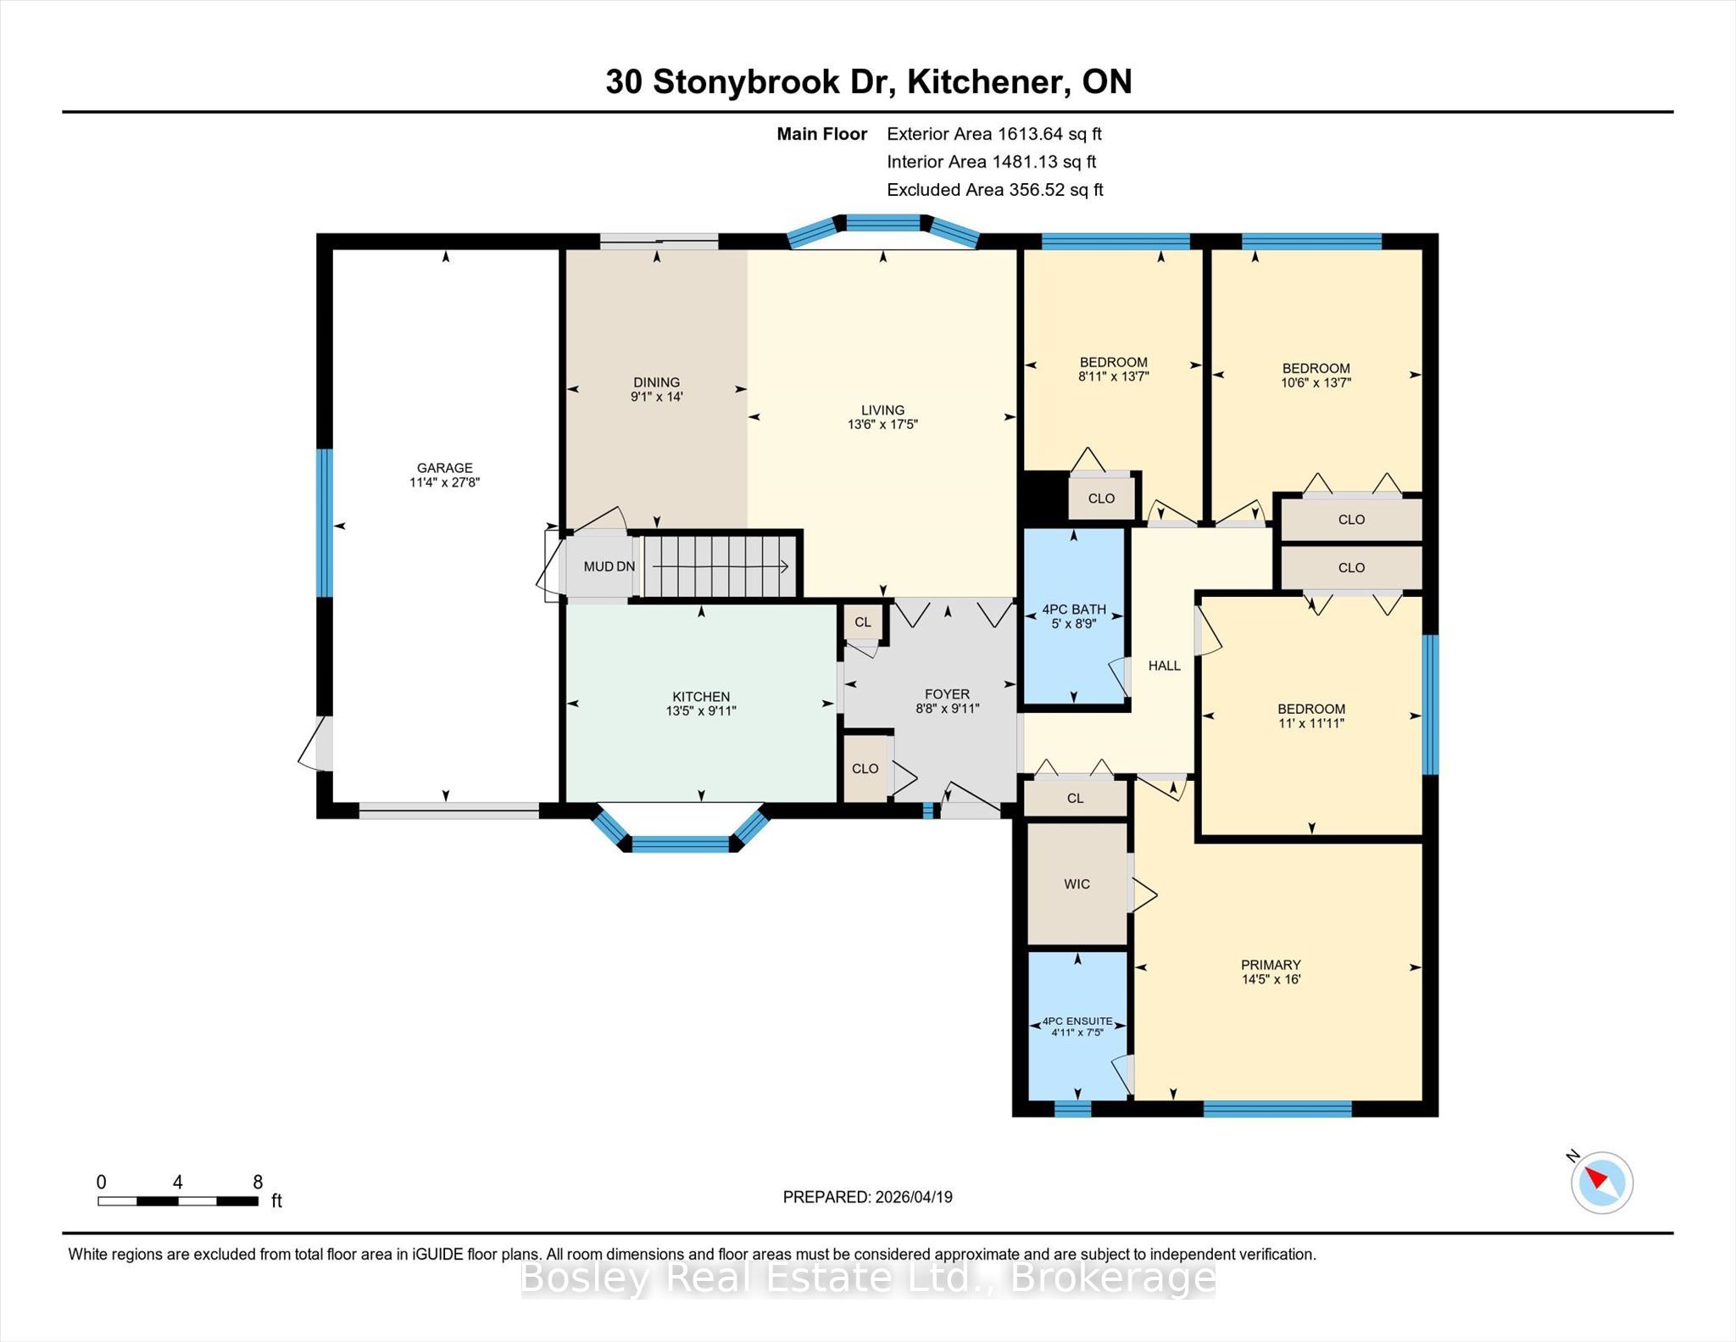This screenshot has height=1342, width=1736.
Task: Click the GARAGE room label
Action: [444, 468]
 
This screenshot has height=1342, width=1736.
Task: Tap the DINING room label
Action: [656, 382]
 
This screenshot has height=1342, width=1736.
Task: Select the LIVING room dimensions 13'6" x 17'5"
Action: [882, 424]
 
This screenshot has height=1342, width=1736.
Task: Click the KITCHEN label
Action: [701, 697]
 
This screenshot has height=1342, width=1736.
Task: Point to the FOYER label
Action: [947, 694]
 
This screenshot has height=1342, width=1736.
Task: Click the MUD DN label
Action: [609, 566]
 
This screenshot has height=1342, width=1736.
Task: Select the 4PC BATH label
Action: [1074, 610]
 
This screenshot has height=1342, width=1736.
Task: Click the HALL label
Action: [1164, 665]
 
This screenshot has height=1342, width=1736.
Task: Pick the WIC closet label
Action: [1077, 884]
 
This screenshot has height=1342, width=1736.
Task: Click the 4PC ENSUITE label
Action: [1077, 1022]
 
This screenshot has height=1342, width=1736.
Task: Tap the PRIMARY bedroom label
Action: [1271, 965]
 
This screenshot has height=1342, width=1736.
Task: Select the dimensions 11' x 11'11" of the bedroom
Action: [1311, 723]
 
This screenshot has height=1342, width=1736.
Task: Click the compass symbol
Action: [1601, 1182]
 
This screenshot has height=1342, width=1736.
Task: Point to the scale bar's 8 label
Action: [258, 1182]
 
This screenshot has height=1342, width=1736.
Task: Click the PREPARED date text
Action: [867, 1197]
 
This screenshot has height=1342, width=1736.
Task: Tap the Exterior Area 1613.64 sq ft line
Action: [993, 134]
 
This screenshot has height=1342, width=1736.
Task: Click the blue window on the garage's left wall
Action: [324, 522]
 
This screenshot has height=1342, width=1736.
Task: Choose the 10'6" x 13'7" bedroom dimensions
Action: [1316, 382]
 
